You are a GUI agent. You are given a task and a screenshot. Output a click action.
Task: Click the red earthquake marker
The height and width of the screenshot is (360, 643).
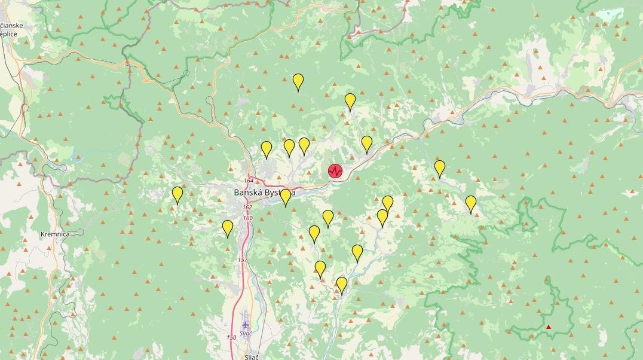[x=335, y=171]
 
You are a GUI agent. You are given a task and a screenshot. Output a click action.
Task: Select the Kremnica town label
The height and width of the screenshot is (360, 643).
[x=55, y=234]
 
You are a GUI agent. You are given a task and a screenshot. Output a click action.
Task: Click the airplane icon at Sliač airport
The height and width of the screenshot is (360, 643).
[x=245, y=324]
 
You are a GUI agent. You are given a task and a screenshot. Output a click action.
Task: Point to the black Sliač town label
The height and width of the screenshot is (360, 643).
[x=251, y=357]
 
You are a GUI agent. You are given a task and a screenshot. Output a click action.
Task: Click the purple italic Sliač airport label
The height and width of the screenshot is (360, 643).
[x=246, y=333]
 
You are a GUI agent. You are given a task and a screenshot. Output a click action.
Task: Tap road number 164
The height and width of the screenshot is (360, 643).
[x=249, y=181]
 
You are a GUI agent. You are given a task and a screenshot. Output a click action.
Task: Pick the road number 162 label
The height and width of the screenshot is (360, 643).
[x=247, y=208]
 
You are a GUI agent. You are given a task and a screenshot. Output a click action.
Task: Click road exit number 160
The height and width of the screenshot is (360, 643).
[x=247, y=218]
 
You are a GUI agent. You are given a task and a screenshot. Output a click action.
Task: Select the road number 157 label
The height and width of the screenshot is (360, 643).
[x=242, y=260]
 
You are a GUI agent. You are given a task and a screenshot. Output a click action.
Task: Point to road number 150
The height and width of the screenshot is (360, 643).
[x=232, y=338]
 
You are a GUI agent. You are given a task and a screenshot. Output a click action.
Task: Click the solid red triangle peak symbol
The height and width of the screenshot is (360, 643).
[x=549, y=327]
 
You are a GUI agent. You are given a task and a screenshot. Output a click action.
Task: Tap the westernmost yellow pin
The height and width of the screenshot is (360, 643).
[x=177, y=194]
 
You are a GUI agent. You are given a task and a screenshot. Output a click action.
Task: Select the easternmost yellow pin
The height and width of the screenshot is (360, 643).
[x=471, y=203]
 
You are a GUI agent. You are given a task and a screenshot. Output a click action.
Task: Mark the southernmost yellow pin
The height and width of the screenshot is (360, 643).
[x=342, y=285]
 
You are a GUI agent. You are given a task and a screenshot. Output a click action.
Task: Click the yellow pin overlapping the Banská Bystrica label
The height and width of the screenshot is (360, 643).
[x=286, y=197]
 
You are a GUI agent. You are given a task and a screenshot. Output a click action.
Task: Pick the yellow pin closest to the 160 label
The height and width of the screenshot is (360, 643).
[x=228, y=228]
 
